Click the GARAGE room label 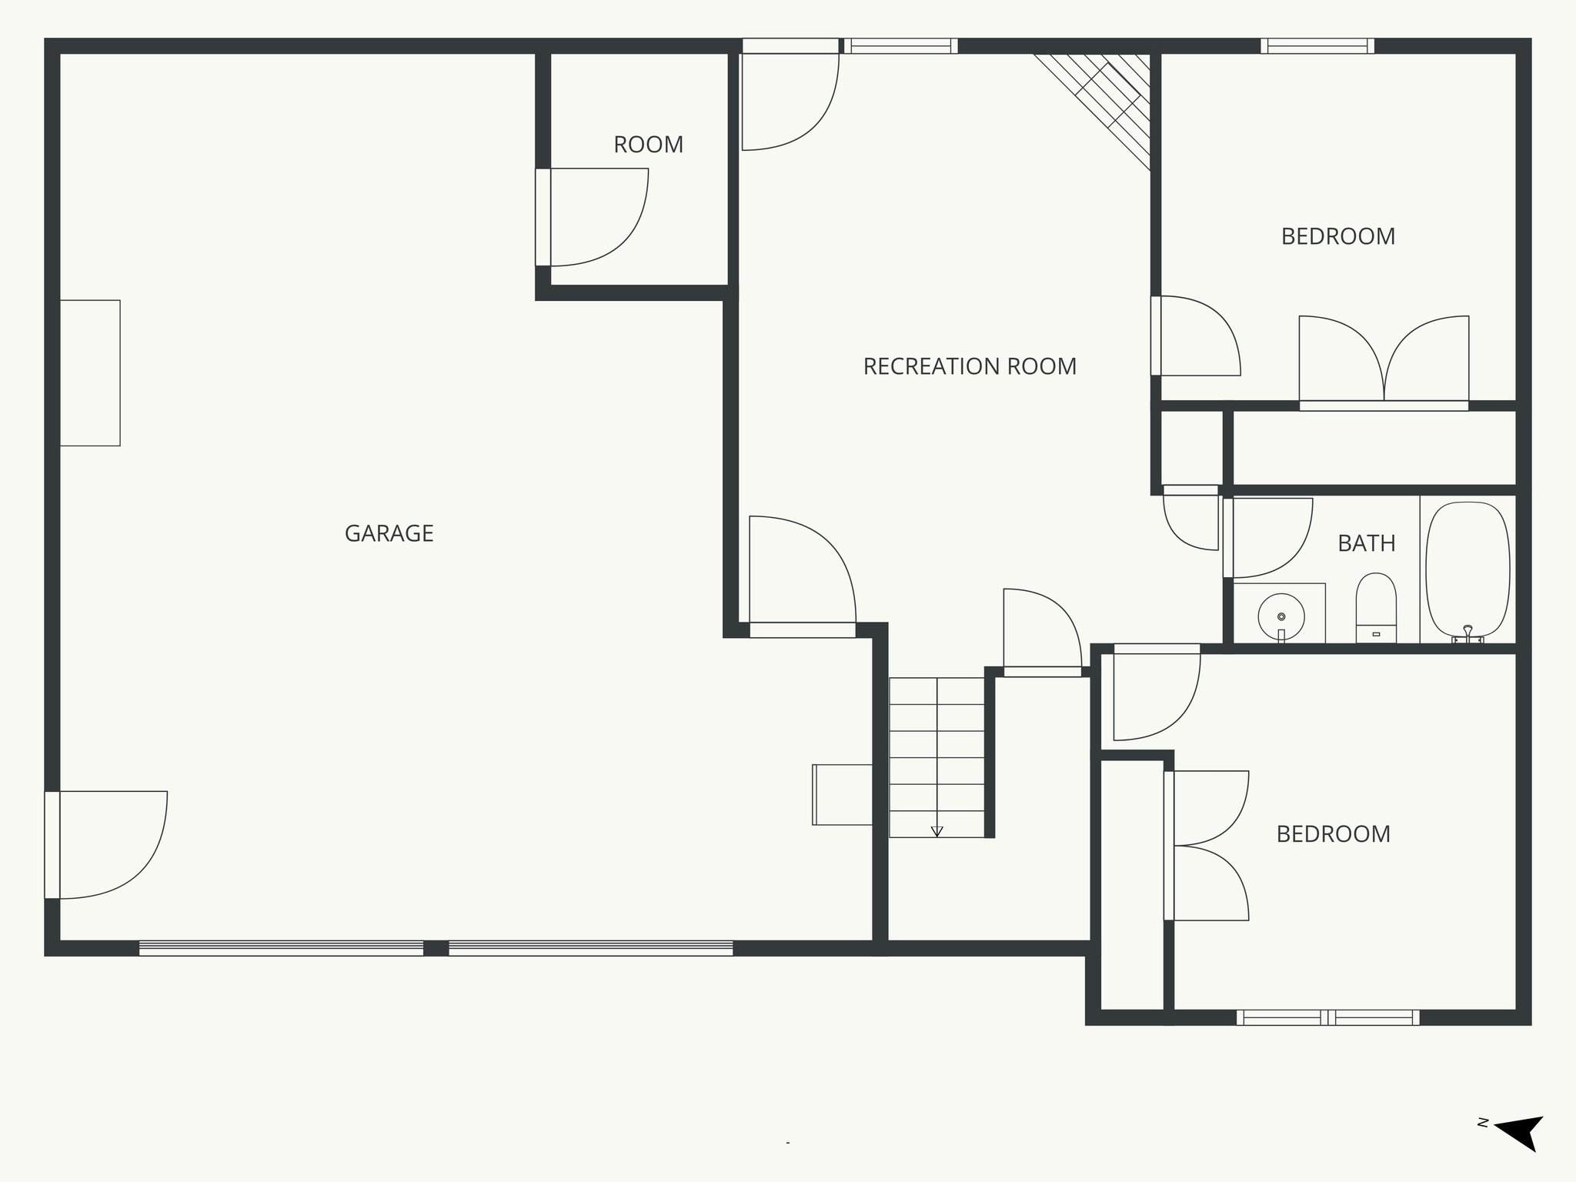(x=389, y=533)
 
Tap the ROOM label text (x=648, y=145)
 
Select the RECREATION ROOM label (x=970, y=366)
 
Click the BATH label (x=1366, y=543)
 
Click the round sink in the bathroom (x=1281, y=616)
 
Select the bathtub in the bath (x=1467, y=569)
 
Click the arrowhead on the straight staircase (x=937, y=831)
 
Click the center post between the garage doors (x=436, y=948)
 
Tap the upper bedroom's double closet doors (x=1384, y=362)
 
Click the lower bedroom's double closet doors (x=1208, y=845)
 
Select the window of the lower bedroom (x=1327, y=1017)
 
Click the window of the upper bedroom (x=1317, y=46)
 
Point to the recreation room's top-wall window (x=900, y=46)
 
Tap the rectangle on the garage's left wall (x=90, y=373)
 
